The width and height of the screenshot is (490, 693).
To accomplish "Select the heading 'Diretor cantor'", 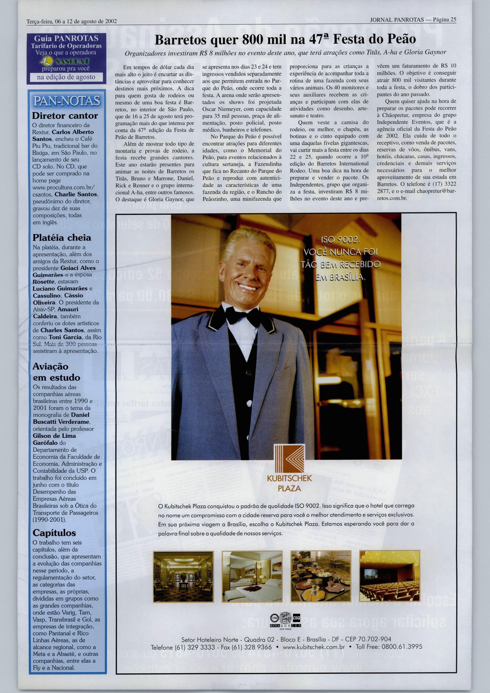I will pyautogui.click(x=65, y=116).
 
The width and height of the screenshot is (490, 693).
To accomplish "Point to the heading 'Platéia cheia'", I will pyautogui.click(x=62, y=238).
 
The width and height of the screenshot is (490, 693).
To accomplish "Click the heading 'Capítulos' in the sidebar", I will pyautogui.click(x=54, y=532).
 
